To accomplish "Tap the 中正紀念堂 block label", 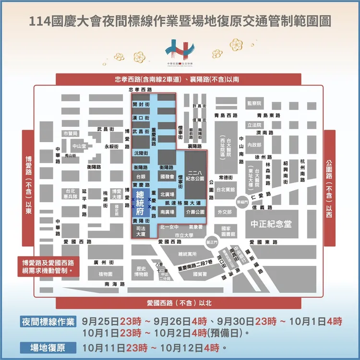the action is [x=272, y=224].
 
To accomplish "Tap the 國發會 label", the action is [x=167, y=177].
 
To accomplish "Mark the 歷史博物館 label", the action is [x=141, y=271].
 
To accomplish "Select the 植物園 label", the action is [x=106, y=274].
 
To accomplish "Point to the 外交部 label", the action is [x=225, y=211].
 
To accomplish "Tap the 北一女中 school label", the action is [x=169, y=227].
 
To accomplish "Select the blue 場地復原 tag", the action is [x=48, y=347].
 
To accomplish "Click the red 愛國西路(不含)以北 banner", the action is [x=179, y=303].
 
